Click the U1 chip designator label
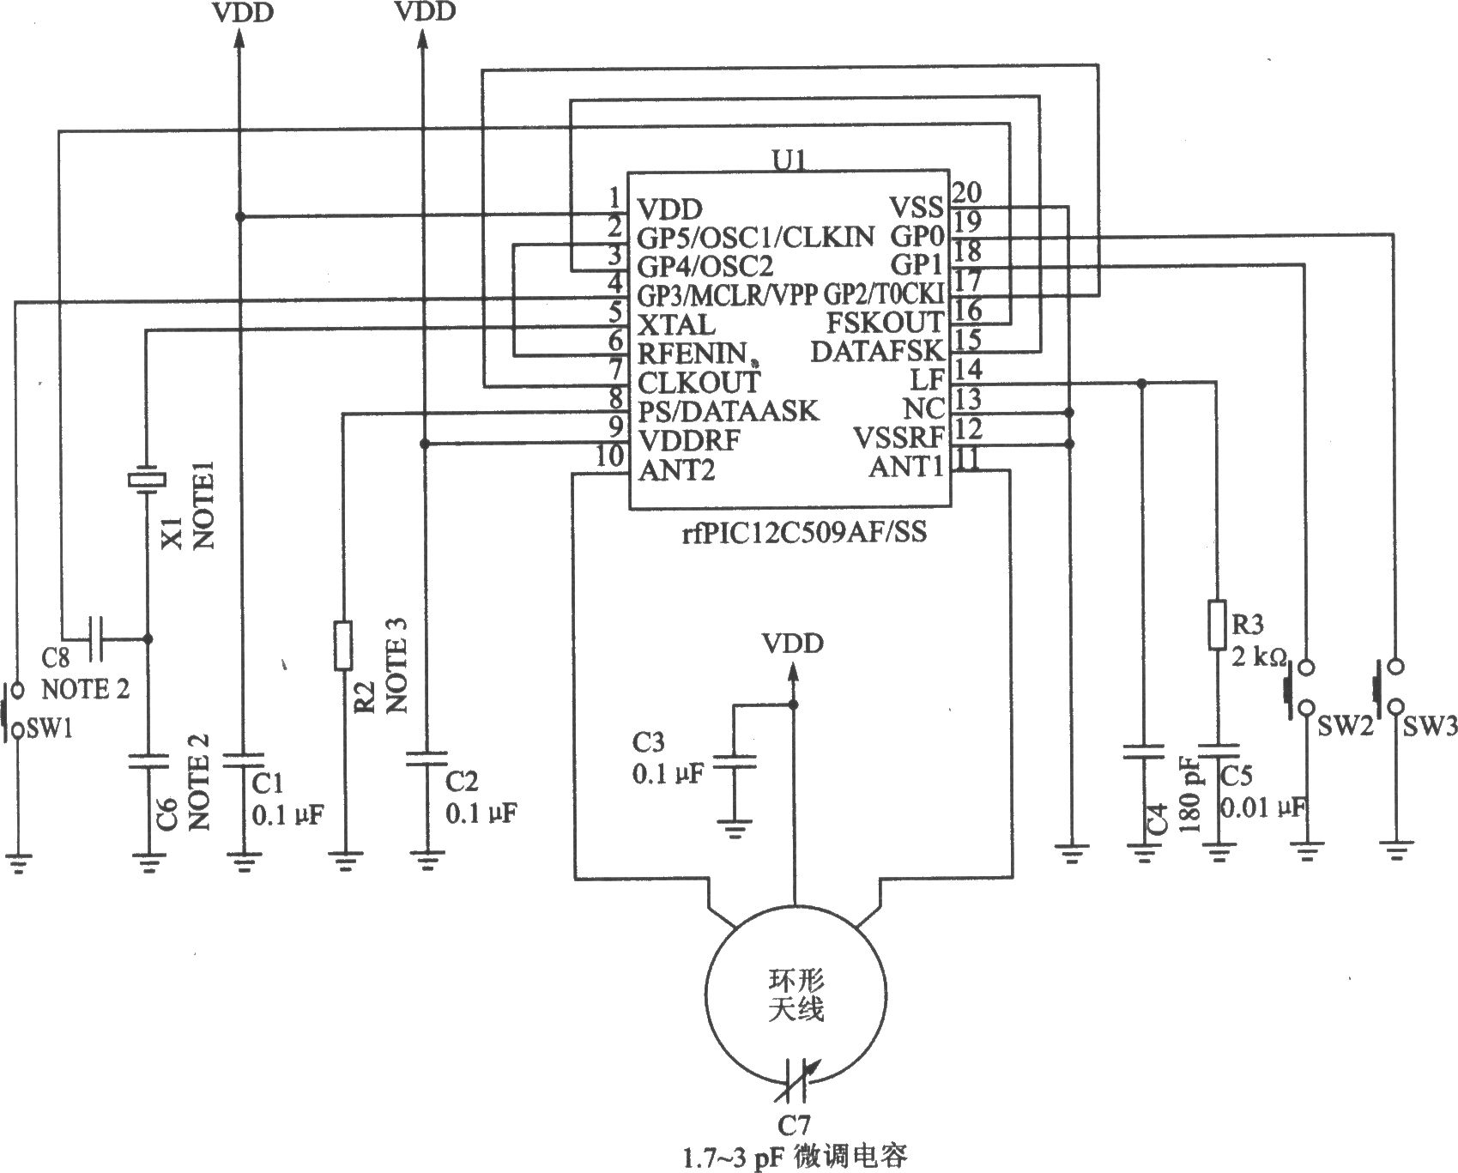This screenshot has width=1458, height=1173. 789,160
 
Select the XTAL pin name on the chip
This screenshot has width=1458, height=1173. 675,325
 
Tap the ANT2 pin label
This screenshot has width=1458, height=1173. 675,470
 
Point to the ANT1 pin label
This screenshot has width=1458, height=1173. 906,468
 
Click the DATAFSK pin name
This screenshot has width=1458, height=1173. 877,352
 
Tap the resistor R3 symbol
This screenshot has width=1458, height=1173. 1217,625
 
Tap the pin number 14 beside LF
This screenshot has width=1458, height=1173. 967,370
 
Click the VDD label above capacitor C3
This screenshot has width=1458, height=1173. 794,644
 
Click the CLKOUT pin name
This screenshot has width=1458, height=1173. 699,381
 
